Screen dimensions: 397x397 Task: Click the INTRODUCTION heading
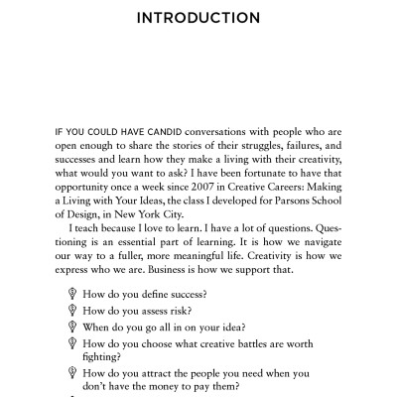[x=198, y=19]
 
